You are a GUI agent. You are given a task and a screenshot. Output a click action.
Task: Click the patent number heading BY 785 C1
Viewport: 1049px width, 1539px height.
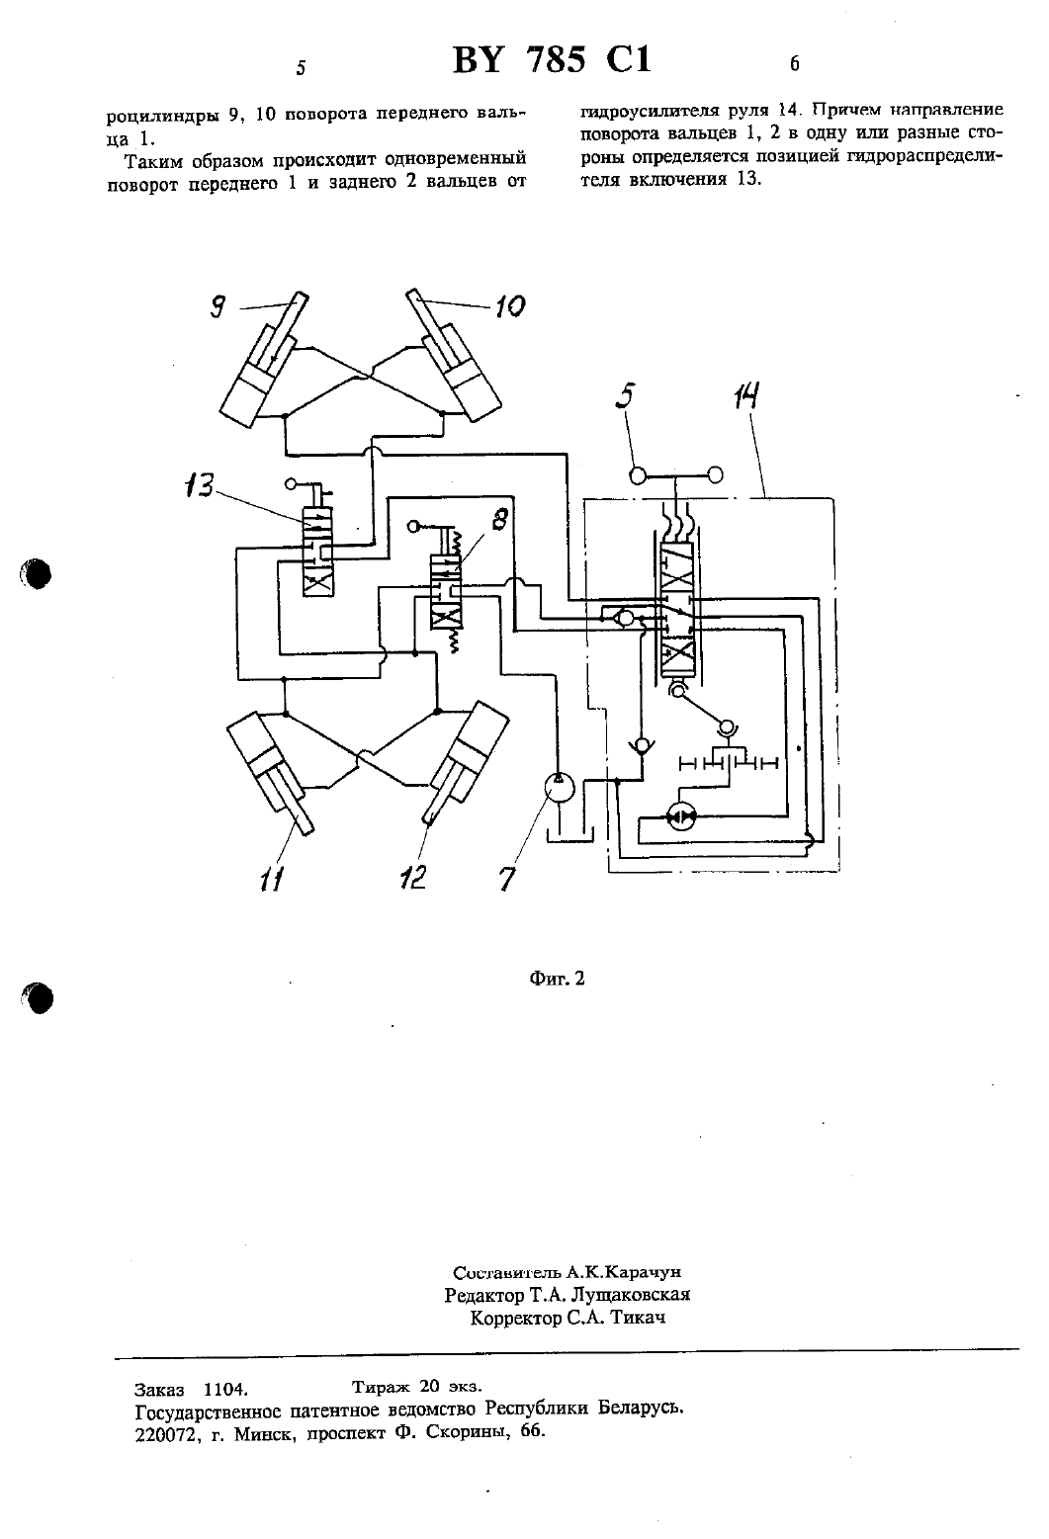(x=552, y=59)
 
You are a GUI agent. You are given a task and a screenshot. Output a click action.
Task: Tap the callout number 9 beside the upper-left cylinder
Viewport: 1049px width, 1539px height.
(x=218, y=306)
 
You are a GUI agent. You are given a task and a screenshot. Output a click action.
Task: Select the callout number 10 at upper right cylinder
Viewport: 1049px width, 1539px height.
(x=510, y=305)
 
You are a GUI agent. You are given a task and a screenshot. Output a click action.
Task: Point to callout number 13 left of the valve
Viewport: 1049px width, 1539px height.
(x=199, y=485)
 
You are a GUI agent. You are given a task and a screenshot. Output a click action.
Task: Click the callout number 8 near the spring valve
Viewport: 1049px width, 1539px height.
(x=499, y=519)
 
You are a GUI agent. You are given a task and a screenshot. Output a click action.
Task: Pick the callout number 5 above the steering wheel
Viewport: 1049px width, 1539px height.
(x=626, y=395)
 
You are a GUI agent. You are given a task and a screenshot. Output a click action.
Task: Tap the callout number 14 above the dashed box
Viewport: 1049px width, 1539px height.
(x=745, y=396)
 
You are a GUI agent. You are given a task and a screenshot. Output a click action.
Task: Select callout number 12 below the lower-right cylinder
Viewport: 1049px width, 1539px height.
(x=412, y=877)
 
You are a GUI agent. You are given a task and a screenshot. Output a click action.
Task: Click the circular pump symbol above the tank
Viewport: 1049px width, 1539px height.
(x=560, y=788)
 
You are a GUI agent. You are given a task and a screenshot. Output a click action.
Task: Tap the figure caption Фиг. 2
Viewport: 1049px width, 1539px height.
(x=557, y=979)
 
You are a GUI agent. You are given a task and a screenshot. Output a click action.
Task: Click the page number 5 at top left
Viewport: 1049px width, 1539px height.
(x=301, y=67)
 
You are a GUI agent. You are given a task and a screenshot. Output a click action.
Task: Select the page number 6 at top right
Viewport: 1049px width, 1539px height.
(x=795, y=64)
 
